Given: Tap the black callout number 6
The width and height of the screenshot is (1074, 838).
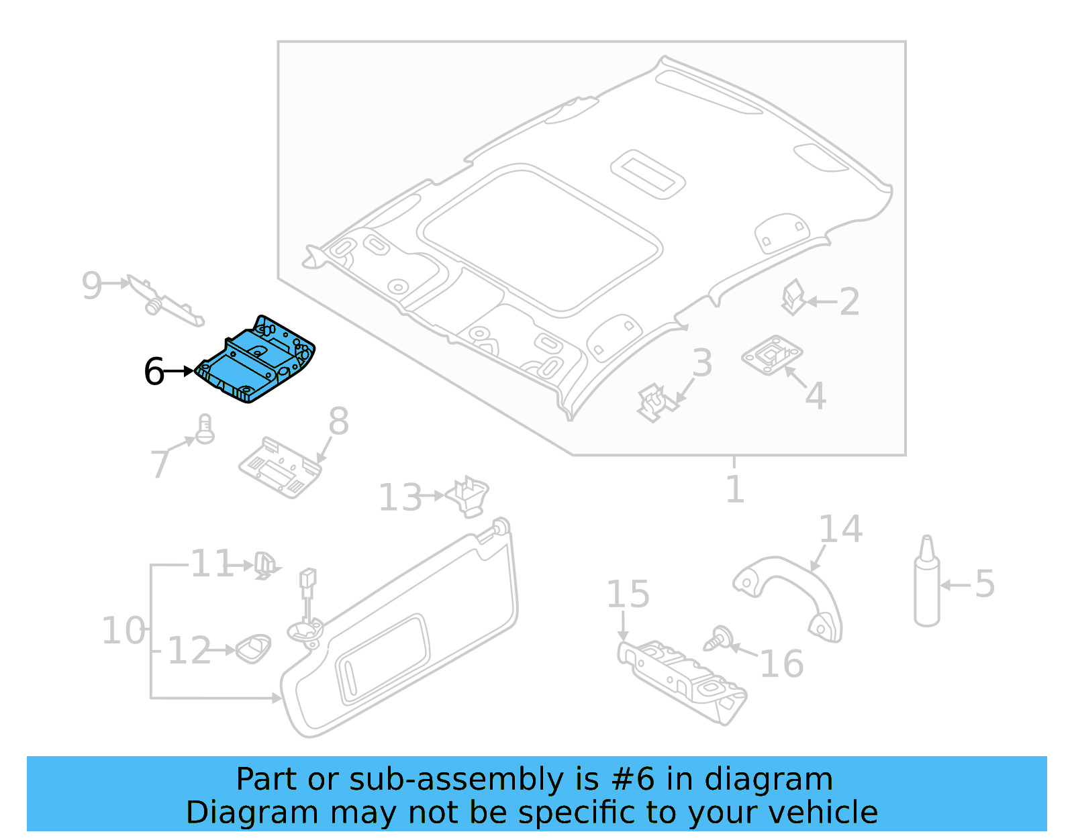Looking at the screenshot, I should point(154,372).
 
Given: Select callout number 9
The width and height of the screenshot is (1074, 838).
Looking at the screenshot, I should point(91,285).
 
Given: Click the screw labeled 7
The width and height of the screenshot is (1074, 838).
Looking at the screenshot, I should point(205,429).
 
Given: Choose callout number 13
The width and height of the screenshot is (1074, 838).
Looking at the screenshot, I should point(400,498).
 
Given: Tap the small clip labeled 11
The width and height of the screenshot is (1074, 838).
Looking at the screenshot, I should point(264,566).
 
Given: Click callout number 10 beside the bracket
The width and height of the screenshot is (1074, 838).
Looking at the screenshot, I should point(123,631).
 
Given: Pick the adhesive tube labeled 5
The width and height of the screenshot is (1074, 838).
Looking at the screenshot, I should point(927,584).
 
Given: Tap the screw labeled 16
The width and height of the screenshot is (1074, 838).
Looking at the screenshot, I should point(719,638).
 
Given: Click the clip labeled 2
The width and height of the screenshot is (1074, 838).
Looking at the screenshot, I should point(793,297).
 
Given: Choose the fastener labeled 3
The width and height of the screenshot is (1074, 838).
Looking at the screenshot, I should point(654,403).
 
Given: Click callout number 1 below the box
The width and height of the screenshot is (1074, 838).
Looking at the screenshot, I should point(735,489).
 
